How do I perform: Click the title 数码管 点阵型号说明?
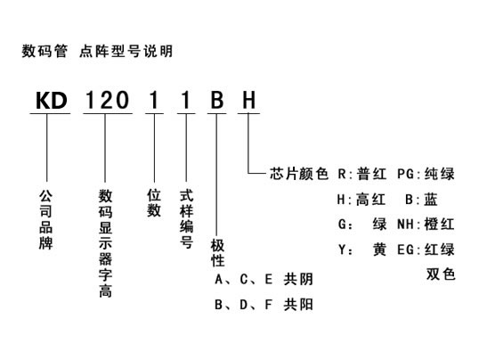(x=97, y=51)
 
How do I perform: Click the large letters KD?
(x=52, y=101)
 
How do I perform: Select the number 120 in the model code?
(x=107, y=101)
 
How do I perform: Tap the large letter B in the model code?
(x=217, y=101)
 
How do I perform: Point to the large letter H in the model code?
(x=248, y=101)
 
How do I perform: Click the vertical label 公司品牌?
(x=45, y=219)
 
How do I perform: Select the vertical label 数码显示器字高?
(x=105, y=243)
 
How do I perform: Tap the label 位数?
(x=154, y=202)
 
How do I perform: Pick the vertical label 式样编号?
(x=186, y=218)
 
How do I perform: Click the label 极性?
(x=217, y=253)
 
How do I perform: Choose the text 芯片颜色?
(x=299, y=174)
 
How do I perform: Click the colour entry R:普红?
(x=362, y=174)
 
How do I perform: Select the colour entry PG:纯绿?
(x=426, y=174)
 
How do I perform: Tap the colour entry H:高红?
(x=361, y=200)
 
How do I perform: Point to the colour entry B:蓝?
(x=421, y=200)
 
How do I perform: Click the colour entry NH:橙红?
(x=426, y=225)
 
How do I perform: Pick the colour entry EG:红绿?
(x=426, y=250)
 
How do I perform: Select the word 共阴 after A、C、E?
(x=298, y=279)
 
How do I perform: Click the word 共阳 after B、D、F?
(x=298, y=305)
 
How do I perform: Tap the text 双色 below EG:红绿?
(x=441, y=274)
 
